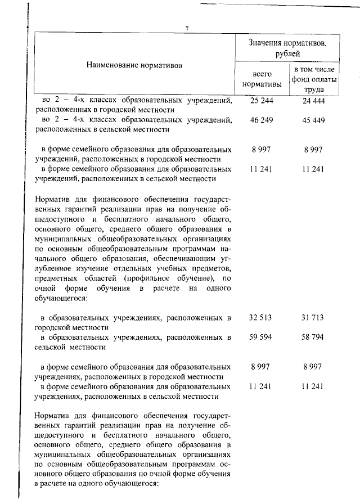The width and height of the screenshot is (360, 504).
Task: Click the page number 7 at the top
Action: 187,29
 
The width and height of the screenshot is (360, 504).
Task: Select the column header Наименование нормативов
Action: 134,65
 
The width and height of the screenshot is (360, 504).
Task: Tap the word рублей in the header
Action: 287,53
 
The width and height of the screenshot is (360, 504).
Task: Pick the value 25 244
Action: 260,101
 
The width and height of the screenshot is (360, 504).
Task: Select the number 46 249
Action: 260,120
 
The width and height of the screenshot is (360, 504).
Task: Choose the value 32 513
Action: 260,318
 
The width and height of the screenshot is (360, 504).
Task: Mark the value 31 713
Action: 313,318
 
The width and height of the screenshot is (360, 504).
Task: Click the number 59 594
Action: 260,337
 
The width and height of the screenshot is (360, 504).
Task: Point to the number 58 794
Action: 313,337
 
